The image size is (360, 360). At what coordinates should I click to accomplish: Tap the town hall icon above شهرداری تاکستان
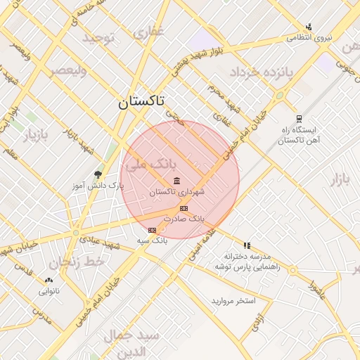tap(176, 181)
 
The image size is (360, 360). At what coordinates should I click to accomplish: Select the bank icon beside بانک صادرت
tap(184, 208)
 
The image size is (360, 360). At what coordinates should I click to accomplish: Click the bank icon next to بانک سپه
tap(152, 230)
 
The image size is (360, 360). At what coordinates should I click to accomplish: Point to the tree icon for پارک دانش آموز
tap(98, 174)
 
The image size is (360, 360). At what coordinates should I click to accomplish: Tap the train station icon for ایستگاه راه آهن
tap(299, 118)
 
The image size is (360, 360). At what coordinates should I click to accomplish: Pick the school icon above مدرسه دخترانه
tap(247, 245)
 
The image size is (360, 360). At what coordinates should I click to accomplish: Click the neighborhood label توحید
tap(98, 37)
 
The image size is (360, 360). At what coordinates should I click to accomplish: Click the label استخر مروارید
tap(232, 301)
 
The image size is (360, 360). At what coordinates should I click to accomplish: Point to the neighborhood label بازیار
tap(38, 134)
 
